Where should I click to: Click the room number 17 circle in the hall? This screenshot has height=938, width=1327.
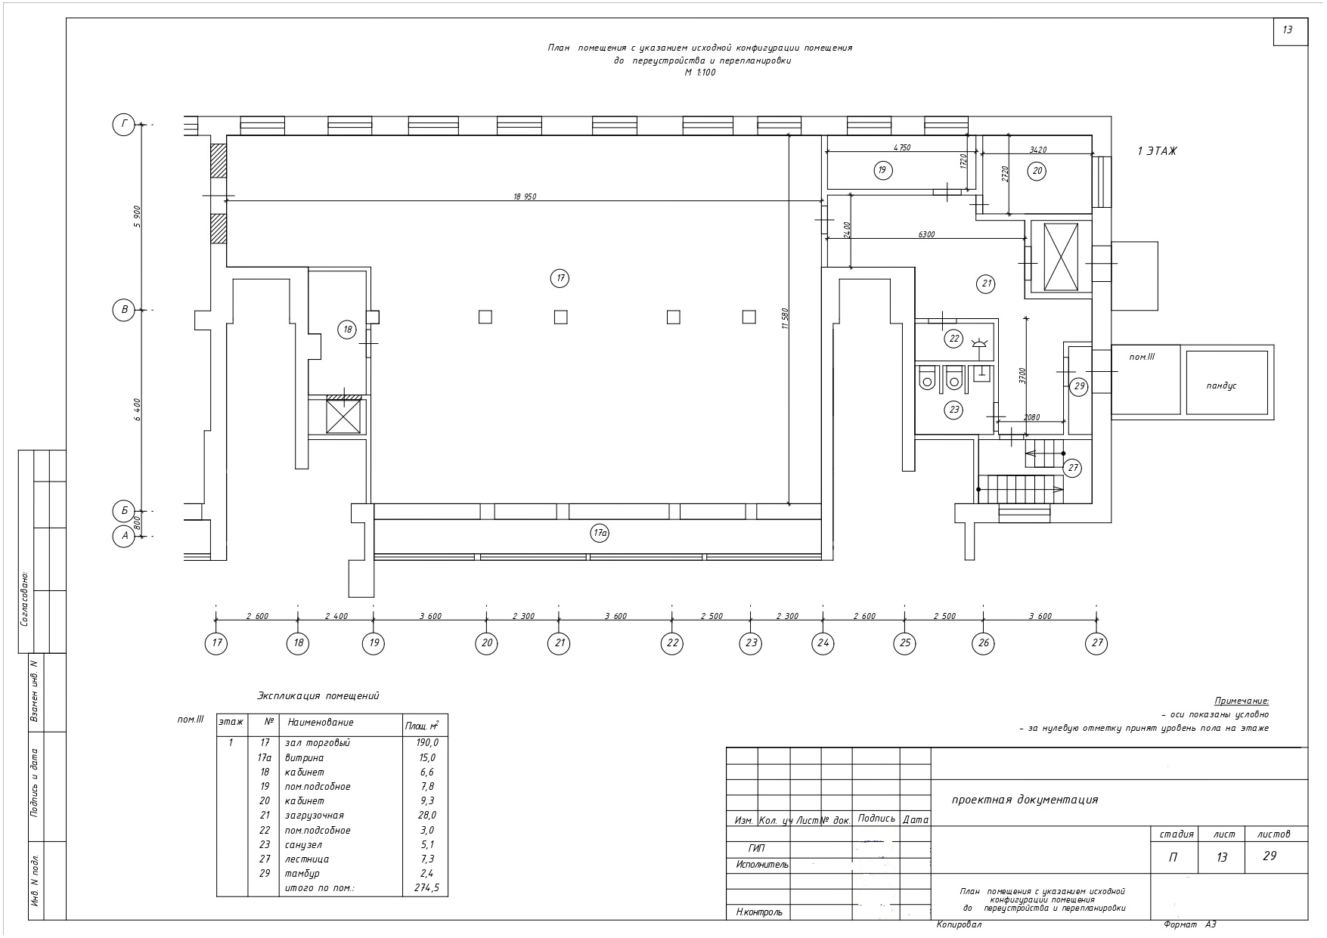click(x=560, y=279)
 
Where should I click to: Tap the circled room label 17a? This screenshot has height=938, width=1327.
click(x=600, y=534)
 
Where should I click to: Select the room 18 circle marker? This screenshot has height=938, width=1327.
click(x=347, y=330)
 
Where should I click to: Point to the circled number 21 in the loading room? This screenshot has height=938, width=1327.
click(x=986, y=284)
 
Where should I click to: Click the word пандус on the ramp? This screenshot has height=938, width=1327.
click(x=1221, y=385)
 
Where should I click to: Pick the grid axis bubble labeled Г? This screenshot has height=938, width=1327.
click(x=123, y=125)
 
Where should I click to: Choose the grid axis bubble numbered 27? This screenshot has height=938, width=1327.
click(x=1096, y=643)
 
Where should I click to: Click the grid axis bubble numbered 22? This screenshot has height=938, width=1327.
click(x=671, y=643)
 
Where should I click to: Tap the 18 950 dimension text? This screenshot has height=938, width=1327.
click(x=525, y=197)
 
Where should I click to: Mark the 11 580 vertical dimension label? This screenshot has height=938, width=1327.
click(x=786, y=320)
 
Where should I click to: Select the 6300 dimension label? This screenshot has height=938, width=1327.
click(x=926, y=234)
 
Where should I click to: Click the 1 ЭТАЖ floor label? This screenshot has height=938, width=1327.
click(x=1157, y=151)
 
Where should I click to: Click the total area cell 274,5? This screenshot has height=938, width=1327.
click(x=426, y=888)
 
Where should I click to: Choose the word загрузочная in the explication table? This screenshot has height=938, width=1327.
click(x=314, y=816)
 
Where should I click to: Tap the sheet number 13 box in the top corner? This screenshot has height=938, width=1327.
click(x=1290, y=30)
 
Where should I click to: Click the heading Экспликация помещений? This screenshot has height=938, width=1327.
click(x=318, y=696)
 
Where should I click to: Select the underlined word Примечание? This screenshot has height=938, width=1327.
click(x=1241, y=701)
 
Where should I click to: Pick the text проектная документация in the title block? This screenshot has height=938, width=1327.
click(x=1025, y=800)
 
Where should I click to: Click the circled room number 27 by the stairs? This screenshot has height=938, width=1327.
click(x=1073, y=468)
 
